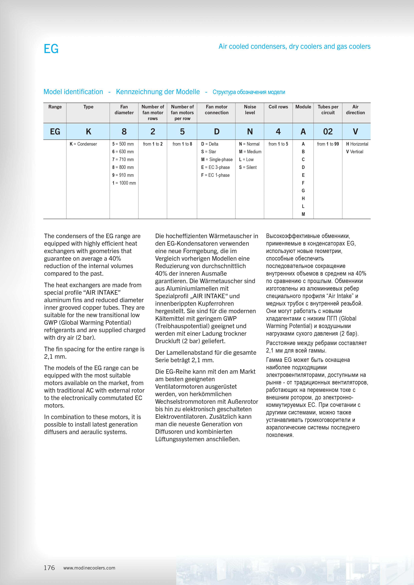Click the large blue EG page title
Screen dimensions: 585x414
[51, 49]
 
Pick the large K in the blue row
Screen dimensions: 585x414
[88, 131]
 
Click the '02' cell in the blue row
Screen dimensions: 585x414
[328, 131]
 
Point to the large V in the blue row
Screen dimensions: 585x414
[355, 131]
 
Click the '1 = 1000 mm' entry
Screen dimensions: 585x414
[124, 183]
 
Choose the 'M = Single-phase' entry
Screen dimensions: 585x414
[217, 159]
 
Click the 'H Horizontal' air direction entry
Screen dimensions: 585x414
[357, 144]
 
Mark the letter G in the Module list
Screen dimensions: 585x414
[303, 191]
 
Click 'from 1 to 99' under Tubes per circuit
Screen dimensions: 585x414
[328, 144]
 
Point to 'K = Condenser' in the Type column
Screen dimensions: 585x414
[83, 144]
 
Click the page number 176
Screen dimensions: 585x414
[49, 568]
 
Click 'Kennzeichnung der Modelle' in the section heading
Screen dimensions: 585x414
[158, 92]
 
